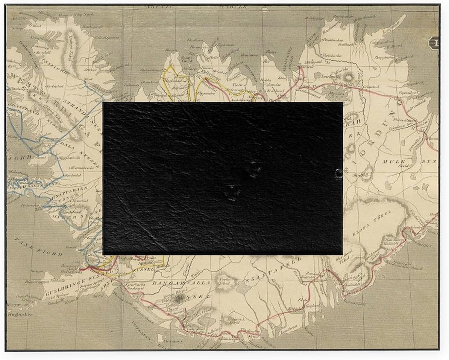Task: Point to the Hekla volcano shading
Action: click(x=180, y=298)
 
